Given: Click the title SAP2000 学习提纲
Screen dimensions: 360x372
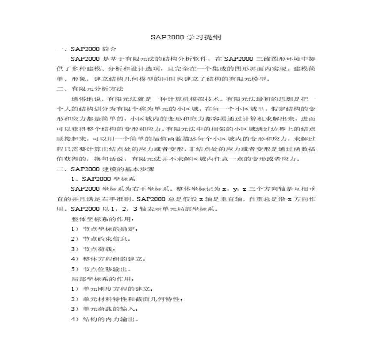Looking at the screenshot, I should coord(186,38).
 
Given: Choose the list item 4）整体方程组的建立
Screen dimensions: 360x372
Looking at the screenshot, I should coord(104,259).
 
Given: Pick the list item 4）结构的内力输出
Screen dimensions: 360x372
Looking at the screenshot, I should coord(104,319).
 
